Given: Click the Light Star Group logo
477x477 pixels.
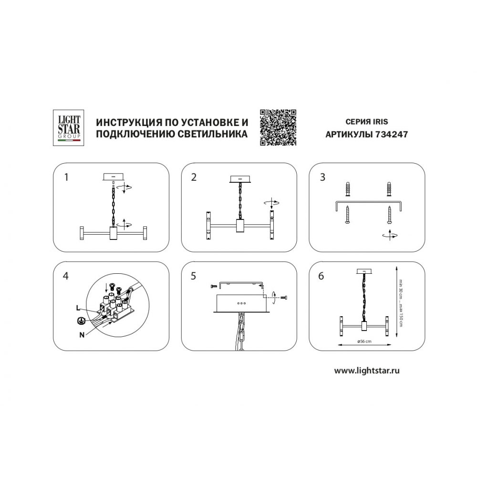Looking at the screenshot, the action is point(68,128).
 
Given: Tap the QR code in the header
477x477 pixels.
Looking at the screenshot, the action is point(278,127).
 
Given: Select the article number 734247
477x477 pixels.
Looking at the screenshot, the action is point(392,134).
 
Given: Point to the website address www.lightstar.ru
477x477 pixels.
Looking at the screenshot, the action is point(367,371).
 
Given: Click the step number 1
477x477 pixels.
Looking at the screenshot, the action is point(66,177).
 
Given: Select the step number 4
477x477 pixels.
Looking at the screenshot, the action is point(66,276).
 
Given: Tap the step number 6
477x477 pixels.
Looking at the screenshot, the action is point(321,276).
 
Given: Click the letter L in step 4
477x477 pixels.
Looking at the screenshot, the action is point(78,308).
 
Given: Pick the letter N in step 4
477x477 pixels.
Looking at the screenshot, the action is point(82,335).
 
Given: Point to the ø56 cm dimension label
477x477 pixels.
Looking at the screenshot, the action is point(364,342).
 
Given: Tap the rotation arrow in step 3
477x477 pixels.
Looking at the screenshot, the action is point(390,235).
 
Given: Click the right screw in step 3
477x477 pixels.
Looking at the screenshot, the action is point(389,215).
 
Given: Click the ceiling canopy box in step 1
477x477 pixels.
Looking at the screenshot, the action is point(114,177).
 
